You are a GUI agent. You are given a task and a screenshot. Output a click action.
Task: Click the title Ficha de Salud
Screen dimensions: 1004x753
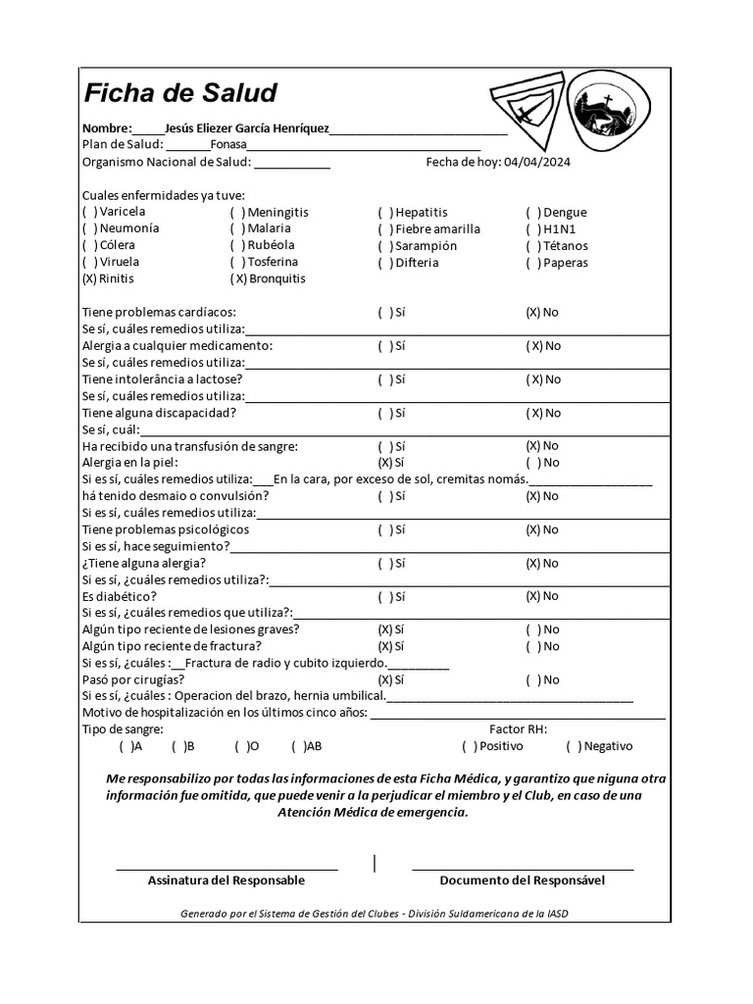click(x=179, y=94)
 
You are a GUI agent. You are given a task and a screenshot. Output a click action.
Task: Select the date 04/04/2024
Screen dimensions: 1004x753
click(x=536, y=162)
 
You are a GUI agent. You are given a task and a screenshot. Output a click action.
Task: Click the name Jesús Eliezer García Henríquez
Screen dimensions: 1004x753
click(x=247, y=128)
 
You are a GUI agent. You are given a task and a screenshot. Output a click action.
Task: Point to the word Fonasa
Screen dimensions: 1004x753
click(x=228, y=145)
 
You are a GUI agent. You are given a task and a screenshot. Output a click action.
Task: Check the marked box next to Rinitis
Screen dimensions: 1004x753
click(x=89, y=278)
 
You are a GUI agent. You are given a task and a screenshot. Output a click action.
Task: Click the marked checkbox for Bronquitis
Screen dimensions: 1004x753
click(x=238, y=278)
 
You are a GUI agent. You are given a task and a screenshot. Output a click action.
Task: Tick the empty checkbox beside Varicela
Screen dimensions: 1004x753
click(x=89, y=212)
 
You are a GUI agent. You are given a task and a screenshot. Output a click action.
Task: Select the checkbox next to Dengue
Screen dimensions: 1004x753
click(x=533, y=212)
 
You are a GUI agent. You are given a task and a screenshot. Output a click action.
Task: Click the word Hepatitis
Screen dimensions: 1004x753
click(x=421, y=212)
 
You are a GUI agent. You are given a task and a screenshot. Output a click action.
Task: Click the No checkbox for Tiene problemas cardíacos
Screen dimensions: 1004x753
click(x=533, y=313)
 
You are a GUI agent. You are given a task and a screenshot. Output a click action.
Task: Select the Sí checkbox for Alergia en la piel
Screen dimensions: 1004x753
click(x=385, y=463)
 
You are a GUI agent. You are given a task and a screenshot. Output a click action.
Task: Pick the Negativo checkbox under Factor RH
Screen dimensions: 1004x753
click(x=574, y=746)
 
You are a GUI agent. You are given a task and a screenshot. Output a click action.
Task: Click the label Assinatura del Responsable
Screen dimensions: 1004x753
click(x=226, y=880)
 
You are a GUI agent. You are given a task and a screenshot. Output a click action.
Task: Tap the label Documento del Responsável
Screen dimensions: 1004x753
click(x=523, y=880)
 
